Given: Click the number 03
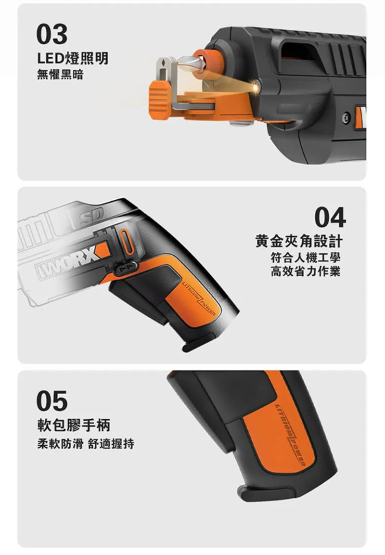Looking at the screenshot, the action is coord(51,34).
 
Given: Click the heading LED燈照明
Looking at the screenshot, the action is coord(73,58).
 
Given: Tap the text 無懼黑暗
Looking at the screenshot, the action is coord(60,75).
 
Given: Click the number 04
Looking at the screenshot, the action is coord(330,218).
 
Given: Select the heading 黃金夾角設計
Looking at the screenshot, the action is coord(299,241).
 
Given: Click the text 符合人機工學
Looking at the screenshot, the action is coord(306,258).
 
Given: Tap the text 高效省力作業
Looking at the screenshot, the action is coord(306,272).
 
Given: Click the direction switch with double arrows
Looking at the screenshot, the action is coord(126,270).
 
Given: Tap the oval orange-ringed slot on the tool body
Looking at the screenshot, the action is coord(127,241).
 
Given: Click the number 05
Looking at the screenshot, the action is coord(51,401).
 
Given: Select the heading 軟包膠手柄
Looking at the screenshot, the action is coord(74,425).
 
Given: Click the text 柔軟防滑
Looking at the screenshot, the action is coord(60,444).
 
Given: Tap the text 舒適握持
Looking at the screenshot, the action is coord(111,444).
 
